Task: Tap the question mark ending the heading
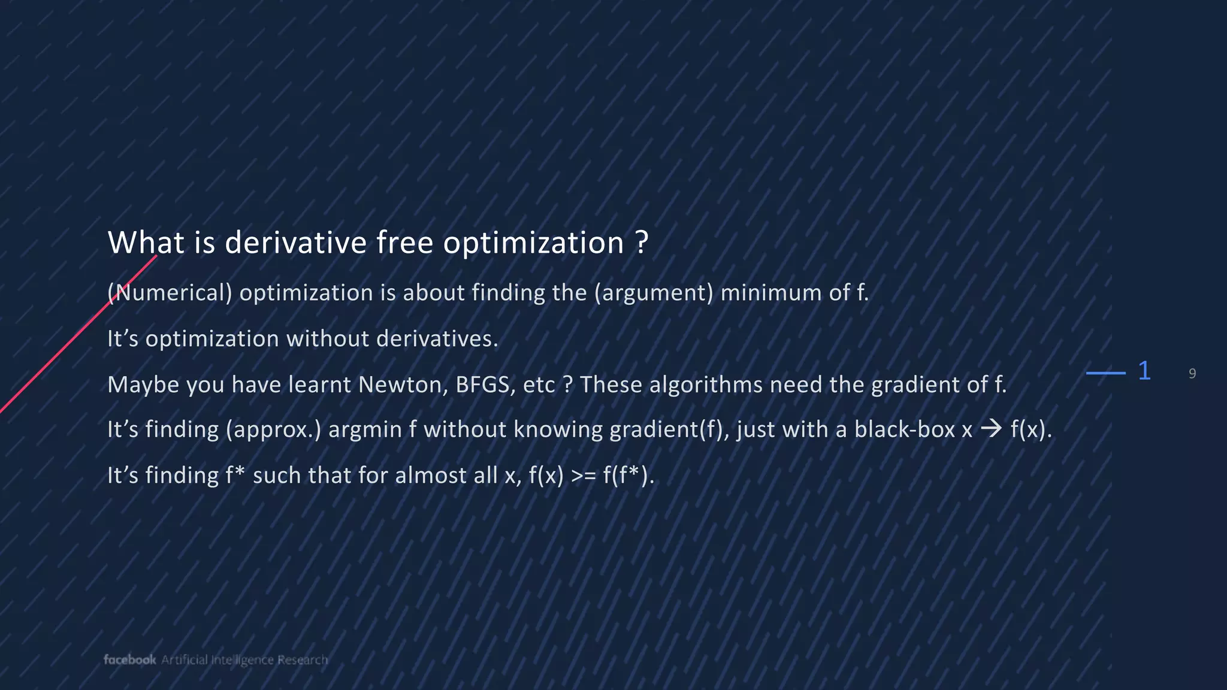[641, 243]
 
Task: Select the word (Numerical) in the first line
[170, 293]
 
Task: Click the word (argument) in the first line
[654, 293]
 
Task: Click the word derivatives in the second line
[437, 339]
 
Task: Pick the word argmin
[365, 430]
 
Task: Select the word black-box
[904, 430]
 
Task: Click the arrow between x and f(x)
[991, 429]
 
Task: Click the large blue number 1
[1144, 371]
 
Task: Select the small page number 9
[1192, 374]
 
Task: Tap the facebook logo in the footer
[129, 659]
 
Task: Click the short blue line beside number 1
[1105, 373]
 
